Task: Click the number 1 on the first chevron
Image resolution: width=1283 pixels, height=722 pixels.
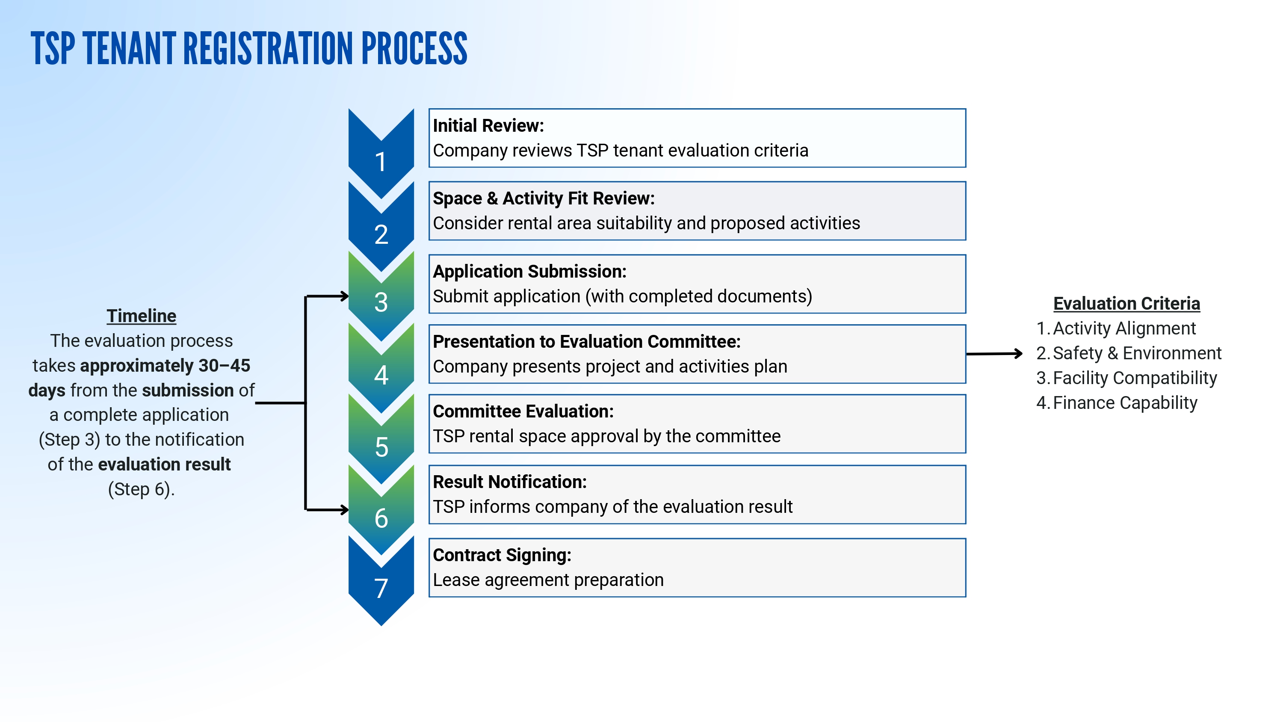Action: point(381,162)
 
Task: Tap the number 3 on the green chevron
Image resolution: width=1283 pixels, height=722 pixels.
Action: point(381,302)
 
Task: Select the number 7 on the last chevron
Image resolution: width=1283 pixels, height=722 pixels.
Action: point(381,589)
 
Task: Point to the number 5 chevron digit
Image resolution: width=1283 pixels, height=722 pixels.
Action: point(381,447)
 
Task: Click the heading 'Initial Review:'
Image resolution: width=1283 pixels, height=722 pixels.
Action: point(488,126)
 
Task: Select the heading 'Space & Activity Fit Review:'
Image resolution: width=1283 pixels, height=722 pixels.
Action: point(544,198)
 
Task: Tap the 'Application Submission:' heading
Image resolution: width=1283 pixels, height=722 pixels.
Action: point(529,272)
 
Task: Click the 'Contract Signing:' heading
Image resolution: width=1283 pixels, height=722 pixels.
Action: point(502,555)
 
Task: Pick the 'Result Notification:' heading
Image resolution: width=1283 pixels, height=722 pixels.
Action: point(509,482)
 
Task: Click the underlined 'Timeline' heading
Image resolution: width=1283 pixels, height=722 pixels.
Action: point(142,316)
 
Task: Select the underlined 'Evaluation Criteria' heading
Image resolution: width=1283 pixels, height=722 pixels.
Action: point(1126,303)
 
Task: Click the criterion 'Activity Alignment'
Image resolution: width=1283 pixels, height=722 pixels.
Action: point(1124,328)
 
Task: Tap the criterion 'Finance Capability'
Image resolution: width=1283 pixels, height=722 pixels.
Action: point(1125,402)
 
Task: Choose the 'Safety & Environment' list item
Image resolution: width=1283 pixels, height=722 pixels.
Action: point(1137,353)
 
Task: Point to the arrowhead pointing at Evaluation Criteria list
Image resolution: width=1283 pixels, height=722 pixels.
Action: point(1019,353)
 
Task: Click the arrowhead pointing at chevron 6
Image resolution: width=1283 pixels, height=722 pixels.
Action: point(344,510)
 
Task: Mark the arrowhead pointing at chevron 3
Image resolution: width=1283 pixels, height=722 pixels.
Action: point(344,296)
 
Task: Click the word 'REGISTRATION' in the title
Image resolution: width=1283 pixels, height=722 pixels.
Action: point(269,48)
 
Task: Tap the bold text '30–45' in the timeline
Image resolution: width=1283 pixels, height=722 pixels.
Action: point(224,366)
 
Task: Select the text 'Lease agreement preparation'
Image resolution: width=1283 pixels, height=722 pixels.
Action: point(548,580)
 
